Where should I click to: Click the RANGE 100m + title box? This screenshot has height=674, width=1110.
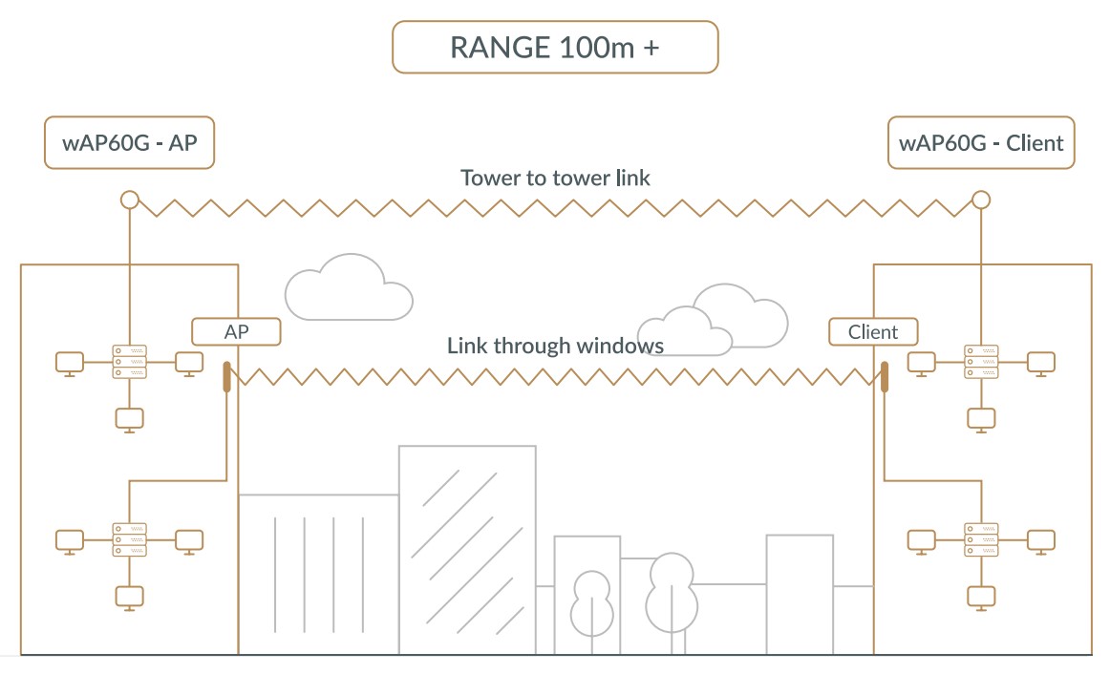point(554,48)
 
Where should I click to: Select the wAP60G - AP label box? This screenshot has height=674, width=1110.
point(129,143)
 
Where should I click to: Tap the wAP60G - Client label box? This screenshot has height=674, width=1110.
point(981,143)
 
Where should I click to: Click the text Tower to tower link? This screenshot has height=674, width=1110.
point(555,178)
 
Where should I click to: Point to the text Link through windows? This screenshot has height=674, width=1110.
point(555,345)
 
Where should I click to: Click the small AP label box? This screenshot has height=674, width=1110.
point(236,331)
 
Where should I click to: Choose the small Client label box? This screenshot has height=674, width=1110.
point(873,331)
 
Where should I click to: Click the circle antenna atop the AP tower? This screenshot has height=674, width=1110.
point(129,200)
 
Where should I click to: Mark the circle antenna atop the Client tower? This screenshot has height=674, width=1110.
point(980,200)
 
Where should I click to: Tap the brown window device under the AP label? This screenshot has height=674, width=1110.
point(227,376)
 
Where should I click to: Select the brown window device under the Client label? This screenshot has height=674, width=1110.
point(885,376)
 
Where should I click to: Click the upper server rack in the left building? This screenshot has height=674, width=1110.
point(129,362)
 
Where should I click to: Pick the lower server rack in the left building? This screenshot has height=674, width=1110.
point(129,539)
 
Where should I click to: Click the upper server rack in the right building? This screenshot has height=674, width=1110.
point(980,362)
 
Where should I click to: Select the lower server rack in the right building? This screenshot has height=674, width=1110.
point(980,539)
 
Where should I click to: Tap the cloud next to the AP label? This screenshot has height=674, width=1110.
point(349,289)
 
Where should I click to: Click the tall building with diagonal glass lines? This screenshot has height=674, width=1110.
point(467,549)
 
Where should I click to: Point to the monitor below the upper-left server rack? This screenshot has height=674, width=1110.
point(129,418)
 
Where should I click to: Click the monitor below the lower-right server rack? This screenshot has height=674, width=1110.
point(980,596)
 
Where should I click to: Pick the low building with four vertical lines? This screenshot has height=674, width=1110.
point(318,573)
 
